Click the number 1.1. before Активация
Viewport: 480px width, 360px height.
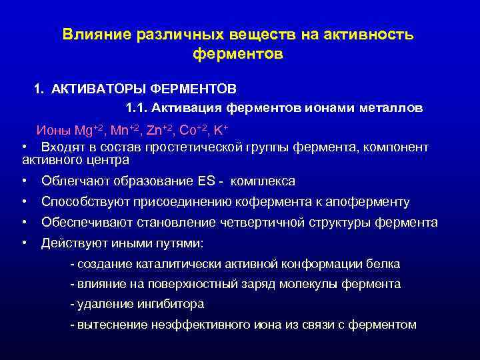[x=136, y=107]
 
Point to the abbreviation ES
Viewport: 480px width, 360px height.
[x=206, y=181]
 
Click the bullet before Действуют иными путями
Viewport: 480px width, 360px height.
[x=24, y=243]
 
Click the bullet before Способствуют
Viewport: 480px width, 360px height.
[x=24, y=202]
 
